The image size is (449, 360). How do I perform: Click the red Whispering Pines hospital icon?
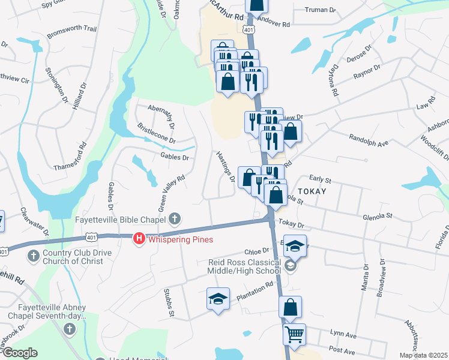click(139, 239)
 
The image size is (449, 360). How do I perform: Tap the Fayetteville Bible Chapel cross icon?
click(175, 218)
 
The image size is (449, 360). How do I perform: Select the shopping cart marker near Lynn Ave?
click(294, 334)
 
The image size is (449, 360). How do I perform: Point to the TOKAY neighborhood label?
click(310, 191)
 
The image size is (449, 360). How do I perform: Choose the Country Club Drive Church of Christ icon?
click(34, 256)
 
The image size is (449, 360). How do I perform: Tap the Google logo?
click(19, 353)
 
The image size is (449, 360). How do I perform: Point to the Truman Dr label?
click(321, 10)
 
